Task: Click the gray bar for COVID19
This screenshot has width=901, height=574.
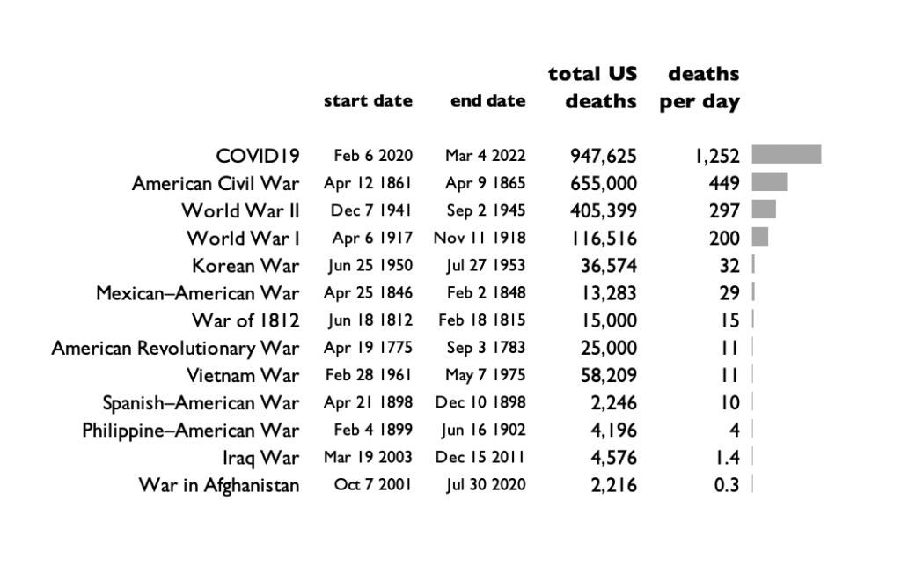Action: [x=786, y=154]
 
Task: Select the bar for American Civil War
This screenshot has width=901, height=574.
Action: [x=769, y=181]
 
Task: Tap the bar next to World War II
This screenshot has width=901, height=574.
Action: [x=764, y=210]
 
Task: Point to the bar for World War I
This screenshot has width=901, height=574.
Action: [x=759, y=237]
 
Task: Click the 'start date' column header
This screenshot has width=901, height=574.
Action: [x=368, y=100]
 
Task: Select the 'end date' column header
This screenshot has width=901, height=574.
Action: [x=487, y=100]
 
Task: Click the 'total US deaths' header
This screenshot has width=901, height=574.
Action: [x=592, y=87]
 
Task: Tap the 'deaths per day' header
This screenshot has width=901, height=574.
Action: [x=700, y=87]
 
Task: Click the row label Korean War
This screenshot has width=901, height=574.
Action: [x=245, y=266]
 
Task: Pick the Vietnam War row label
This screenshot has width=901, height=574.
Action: [x=243, y=376]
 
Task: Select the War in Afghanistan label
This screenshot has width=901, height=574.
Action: [x=219, y=485]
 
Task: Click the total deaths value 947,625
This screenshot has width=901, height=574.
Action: [x=604, y=156]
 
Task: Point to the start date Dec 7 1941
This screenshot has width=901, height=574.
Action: [x=371, y=210]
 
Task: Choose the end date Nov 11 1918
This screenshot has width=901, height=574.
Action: [x=480, y=238]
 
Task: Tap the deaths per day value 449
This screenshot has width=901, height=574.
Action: [x=724, y=183]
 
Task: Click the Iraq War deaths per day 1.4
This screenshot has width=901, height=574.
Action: [x=728, y=458]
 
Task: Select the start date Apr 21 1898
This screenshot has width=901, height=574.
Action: [x=369, y=402]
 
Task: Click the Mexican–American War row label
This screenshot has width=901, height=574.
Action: [x=198, y=293]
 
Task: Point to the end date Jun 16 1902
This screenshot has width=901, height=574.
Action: [x=483, y=430]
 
